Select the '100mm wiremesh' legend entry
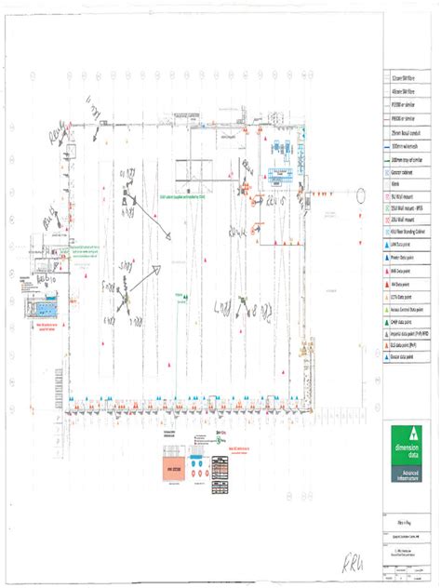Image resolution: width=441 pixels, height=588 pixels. [x=408, y=147]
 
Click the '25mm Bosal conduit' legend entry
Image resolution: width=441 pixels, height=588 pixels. [x=408, y=135]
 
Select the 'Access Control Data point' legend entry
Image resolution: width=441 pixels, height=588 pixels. [x=408, y=306]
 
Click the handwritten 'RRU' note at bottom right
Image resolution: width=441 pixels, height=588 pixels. [x=408, y=561]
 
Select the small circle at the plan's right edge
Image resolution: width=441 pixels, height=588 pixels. [x=361, y=194]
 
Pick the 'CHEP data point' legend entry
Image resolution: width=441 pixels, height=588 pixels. [x=408, y=318]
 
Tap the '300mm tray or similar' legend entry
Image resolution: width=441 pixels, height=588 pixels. [x=408, y=160]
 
